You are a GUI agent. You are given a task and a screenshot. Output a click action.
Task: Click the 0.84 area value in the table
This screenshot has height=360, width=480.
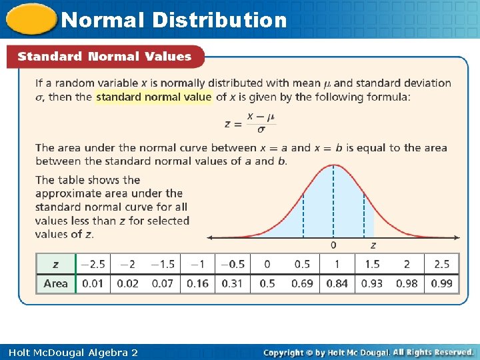337,283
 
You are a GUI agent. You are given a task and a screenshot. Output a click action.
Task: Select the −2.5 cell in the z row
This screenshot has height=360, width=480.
93,264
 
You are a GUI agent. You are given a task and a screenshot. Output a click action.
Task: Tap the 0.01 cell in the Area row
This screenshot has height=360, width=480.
93,283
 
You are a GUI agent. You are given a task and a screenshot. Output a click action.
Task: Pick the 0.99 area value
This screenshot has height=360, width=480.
441,283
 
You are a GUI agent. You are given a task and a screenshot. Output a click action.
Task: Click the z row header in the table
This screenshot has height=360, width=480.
56,264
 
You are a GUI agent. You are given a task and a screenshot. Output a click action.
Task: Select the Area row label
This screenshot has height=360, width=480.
56,283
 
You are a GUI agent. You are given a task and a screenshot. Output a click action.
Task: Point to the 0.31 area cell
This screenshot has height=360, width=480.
233,283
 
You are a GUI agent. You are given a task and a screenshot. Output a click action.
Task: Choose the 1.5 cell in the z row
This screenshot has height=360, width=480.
372,264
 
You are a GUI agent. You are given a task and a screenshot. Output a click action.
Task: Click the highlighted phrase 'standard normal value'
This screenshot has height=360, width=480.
154,97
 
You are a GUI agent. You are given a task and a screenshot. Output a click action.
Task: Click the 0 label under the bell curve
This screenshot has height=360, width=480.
333,245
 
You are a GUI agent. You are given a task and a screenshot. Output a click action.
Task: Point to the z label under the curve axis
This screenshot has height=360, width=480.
373,245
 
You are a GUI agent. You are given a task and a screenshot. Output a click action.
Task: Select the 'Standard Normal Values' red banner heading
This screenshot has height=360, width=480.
105,57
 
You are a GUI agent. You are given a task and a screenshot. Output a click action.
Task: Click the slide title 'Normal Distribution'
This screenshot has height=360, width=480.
174,20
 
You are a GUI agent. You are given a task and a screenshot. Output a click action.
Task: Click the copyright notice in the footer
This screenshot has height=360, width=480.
369,352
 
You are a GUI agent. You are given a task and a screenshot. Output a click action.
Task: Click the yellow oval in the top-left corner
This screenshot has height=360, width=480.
31,19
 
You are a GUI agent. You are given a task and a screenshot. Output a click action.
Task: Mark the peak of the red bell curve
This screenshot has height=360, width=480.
333,164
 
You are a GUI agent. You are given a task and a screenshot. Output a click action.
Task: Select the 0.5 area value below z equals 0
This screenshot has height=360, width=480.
267,283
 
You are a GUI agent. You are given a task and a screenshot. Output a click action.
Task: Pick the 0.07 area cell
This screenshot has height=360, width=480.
163,283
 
